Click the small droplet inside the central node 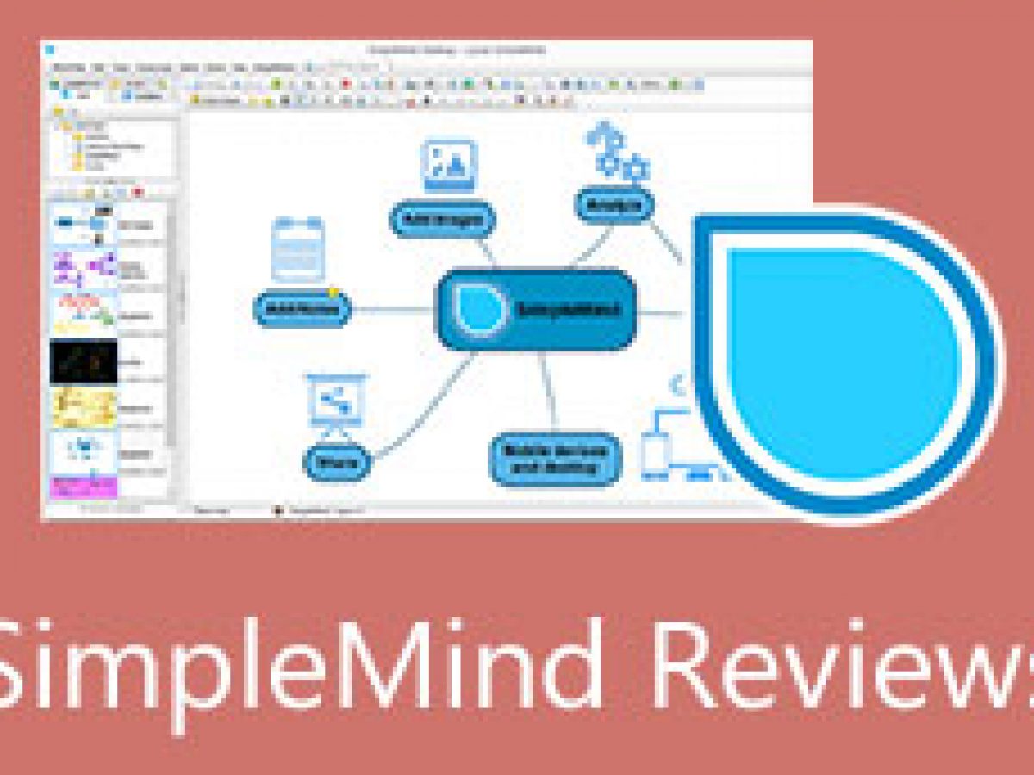[479, 309]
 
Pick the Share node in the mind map [337, 463]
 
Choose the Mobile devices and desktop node [554, 459]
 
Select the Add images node [443, 220]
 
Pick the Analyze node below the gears [614, 205]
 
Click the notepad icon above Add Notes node [298, 250]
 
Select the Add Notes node [302, 308]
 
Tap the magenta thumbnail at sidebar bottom [84, 487]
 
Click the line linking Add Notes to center [392, 309]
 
